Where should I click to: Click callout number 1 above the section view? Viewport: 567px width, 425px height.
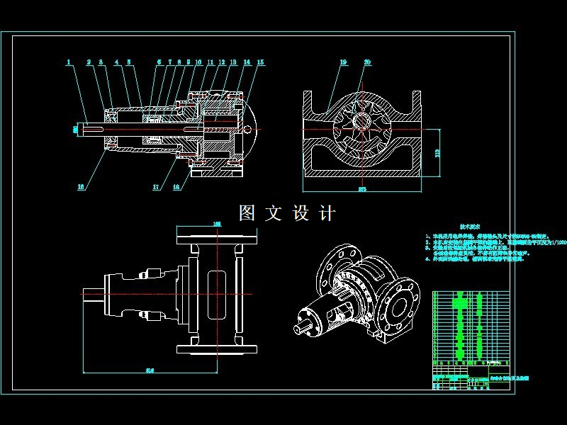(69, 62)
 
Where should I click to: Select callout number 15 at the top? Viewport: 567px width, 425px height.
(260, 62)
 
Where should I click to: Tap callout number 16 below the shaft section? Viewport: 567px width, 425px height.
(81, 187)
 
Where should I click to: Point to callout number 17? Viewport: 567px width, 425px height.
(156, 188)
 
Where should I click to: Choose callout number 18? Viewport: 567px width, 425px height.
(176, 188)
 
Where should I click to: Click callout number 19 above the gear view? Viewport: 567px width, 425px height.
(343, 62)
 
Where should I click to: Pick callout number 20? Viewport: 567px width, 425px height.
(366, 62)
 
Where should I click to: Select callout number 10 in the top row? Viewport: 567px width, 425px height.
(198, 62)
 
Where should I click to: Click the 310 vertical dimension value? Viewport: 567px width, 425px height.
(437, 151)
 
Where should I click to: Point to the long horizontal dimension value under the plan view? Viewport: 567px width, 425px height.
(150, 369)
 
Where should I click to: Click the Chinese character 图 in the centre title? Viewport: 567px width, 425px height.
(247, 213)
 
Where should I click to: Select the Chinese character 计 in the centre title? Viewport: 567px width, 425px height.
(327, 213)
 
